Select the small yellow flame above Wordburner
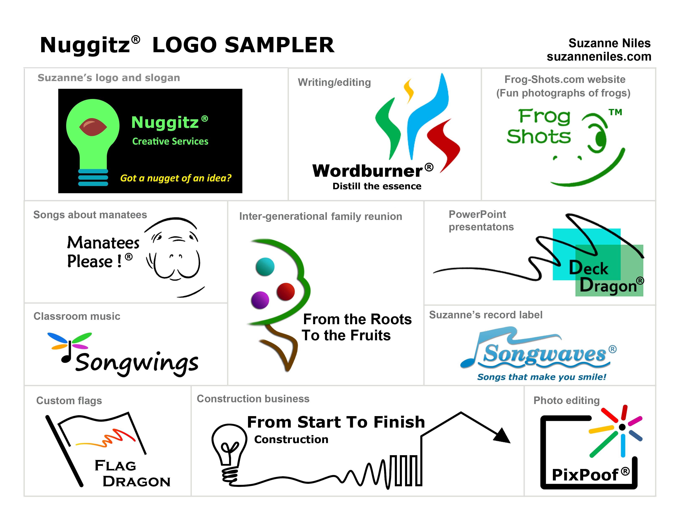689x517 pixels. (x=409, y=91)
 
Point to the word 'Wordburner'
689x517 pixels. (x=367, y=171)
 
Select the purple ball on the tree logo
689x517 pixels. (x=260, y=300)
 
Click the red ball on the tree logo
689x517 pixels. (x=286, y=292)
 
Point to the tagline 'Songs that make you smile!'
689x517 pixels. (x=542, y=377)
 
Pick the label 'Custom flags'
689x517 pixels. (x=69, y=400)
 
